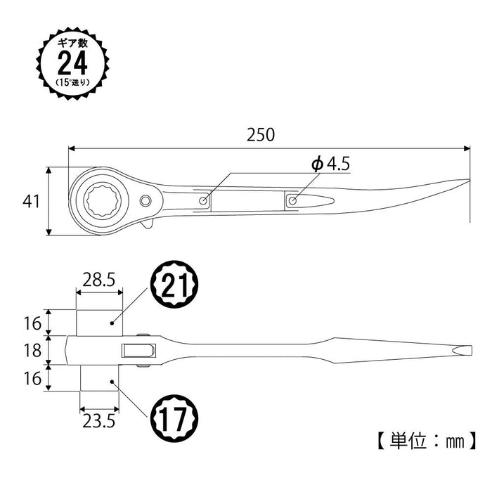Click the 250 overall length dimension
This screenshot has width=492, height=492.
click(261, 134)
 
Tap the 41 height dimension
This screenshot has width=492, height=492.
click(30, 201)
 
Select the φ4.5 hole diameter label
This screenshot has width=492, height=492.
click(330, 164)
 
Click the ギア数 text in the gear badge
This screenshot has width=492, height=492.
click(72, 43)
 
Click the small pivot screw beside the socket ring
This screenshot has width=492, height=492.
click(146, 202)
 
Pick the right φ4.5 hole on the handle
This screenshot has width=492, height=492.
click(292, 201)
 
